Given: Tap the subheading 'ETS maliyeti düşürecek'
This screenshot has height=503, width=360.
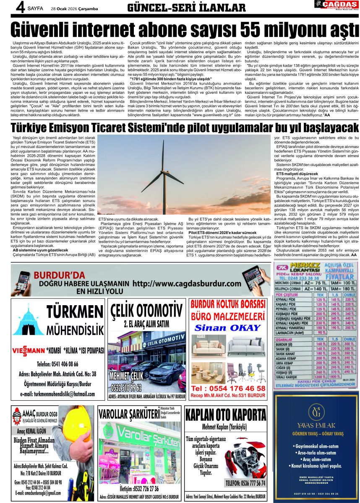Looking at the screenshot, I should (297, 174).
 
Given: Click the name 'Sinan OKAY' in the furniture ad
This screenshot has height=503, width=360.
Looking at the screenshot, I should (228, 327).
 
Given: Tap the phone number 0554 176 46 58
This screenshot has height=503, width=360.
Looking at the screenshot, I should (228, 388).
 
